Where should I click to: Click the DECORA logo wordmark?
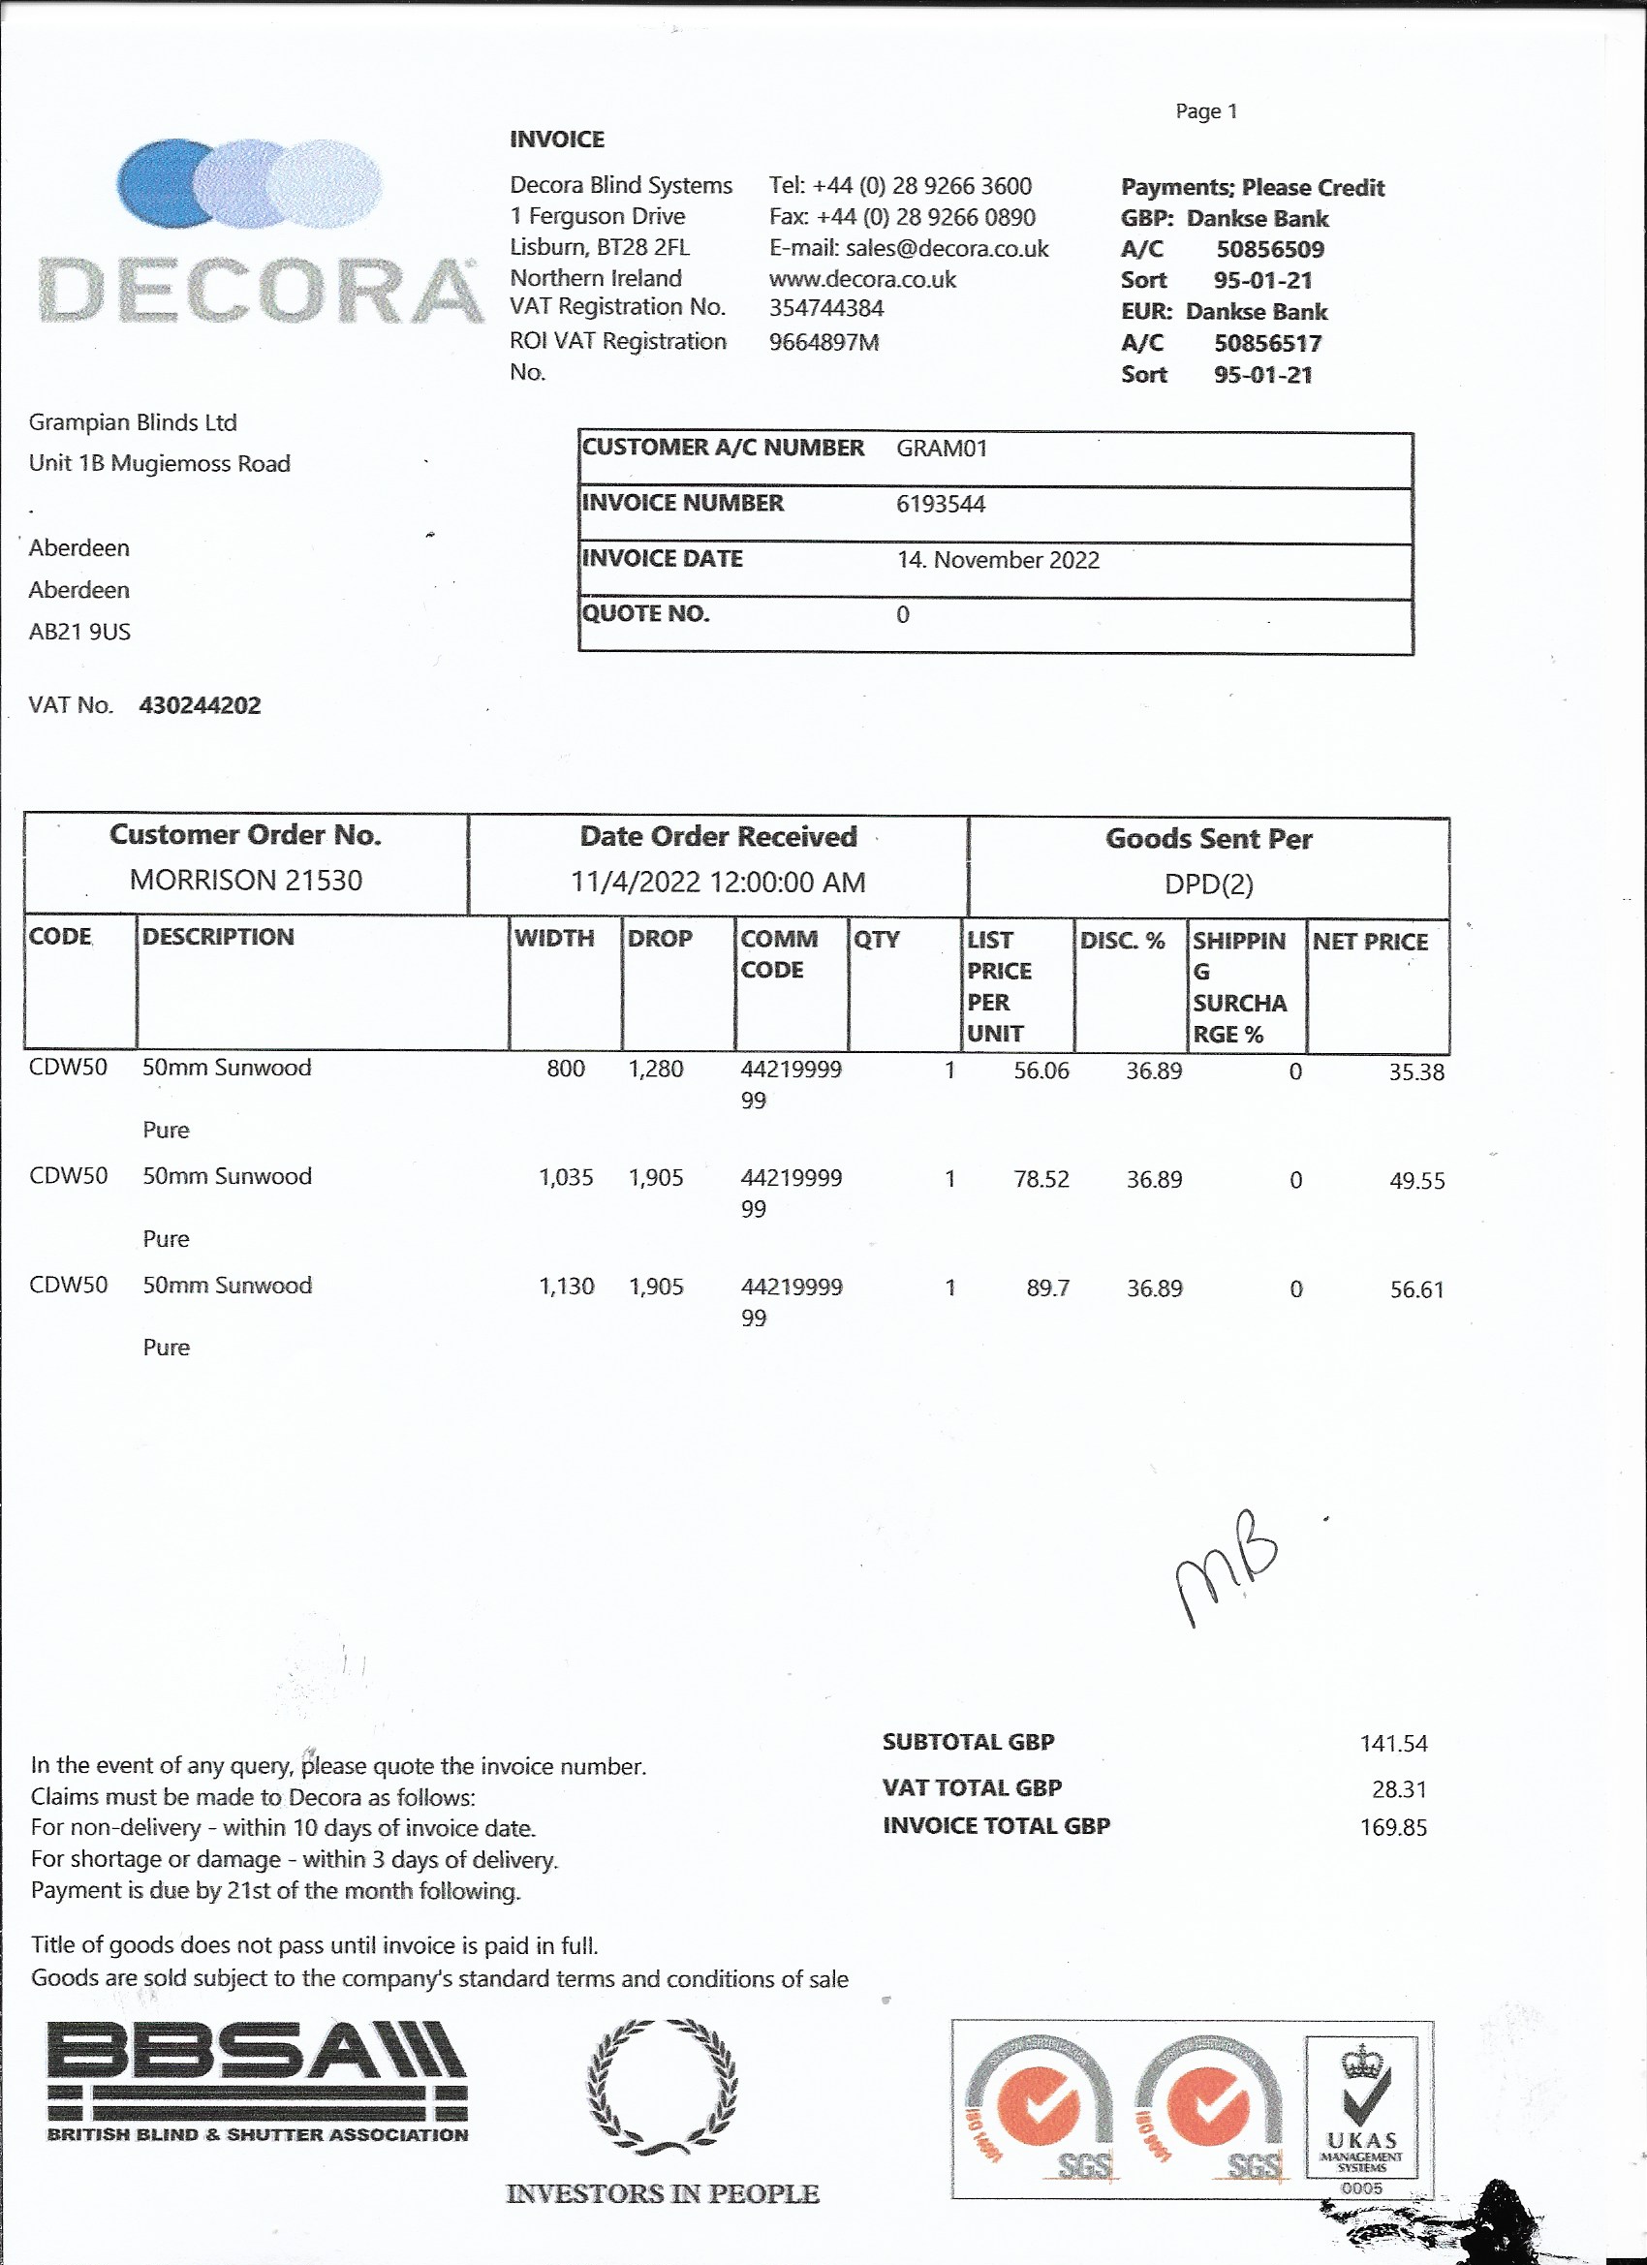click(x=260, y=291)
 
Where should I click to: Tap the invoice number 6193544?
click(x=940, y=505)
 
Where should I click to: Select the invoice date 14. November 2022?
click(x=998, y=560)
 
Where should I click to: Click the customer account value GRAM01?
click(x=941, y=449)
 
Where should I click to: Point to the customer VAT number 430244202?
click(x=200, y=705)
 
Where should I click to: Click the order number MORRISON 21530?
click(x=246, y=880)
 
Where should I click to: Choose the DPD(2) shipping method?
click(x=1208, y=884)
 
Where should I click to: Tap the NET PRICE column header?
click(x=1369, y=941)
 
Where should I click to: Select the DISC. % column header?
click(x=1123, y=940)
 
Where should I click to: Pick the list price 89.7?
click(x=1047, y=1288)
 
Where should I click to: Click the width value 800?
click(x=566, y=1069)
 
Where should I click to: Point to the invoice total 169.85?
click(x=1392, y=1826)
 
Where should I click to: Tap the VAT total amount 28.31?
click(x=1398, y=1788)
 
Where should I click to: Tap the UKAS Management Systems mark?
click(x=1361, y=2106)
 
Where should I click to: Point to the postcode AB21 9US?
click(x=79, y=632)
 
